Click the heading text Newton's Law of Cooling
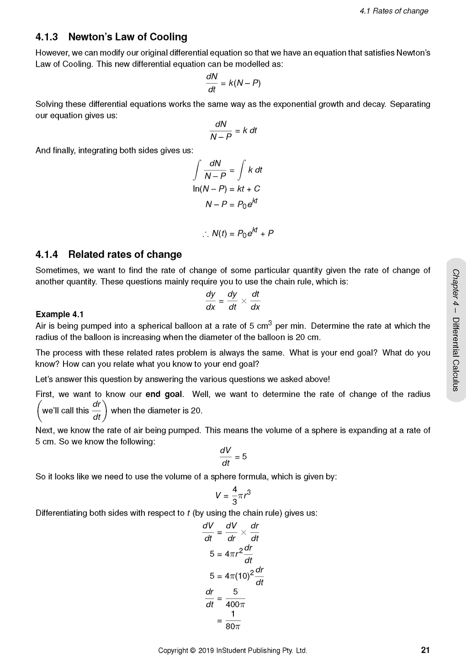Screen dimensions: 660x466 pos(128,37)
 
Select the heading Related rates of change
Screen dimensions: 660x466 pos(125,254)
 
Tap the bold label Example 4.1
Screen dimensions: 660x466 pos(59,314)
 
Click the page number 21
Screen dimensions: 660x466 pos(425,650)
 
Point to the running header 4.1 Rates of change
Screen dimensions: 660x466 pos(394,11)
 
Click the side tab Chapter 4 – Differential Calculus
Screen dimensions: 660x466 pos(456,330)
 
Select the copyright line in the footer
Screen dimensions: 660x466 pos(232,650)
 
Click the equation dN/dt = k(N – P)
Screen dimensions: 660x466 pos(233,83)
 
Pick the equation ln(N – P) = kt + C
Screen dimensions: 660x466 pos(226,189)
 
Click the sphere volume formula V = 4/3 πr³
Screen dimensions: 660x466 pos(233,495)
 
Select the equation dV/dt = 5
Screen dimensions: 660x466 pos(233,457)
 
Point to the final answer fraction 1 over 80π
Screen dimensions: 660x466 pos(233,620)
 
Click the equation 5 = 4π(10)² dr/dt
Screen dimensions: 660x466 pos(236,576)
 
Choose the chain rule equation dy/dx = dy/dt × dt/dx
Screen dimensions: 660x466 pos(233,301)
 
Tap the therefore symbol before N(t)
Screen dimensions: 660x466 pos(205,234)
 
